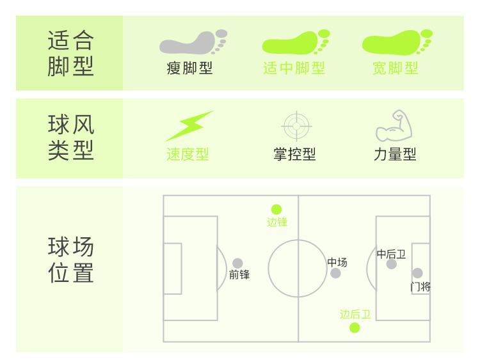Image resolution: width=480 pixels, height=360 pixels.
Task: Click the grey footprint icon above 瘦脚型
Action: coord(193,43)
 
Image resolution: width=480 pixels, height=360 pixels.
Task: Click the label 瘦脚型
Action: coord(189,68)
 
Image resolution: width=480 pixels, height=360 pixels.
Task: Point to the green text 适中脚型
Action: coord(294,68)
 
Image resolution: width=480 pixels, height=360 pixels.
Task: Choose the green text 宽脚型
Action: coord(396,68)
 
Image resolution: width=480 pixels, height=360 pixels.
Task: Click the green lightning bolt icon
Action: coord(189,126)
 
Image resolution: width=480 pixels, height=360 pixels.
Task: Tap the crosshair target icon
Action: coord(296,126)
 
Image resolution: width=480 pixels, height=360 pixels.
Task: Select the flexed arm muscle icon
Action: coord(394,126)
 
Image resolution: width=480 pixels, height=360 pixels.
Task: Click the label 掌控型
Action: coord(294,154)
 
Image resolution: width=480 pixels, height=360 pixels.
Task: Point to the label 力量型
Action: coord(395,154)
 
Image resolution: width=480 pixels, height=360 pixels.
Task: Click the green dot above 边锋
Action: coord(276,209)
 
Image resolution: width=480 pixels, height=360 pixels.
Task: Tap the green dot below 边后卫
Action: coord(355,328)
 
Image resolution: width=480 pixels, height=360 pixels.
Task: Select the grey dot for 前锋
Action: coord(237,263)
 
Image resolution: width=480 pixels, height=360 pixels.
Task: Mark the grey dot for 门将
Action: coord(417,273)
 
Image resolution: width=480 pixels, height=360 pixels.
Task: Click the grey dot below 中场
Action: coord(335,274)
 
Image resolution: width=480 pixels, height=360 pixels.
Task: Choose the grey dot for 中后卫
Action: coord(391,263)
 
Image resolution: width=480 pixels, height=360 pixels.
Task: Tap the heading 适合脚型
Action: coord(71,53)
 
